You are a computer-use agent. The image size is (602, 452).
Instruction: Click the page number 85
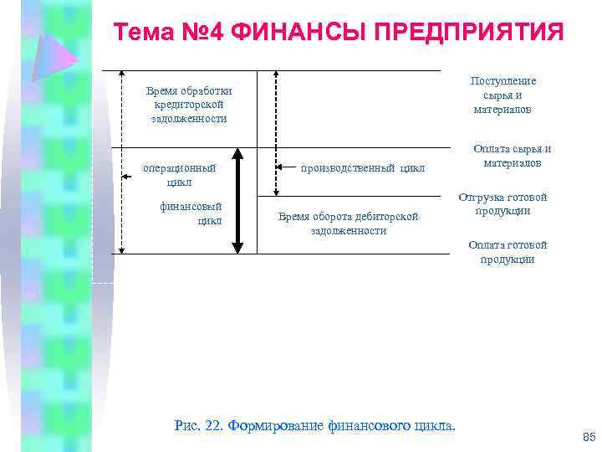tap(587, 437)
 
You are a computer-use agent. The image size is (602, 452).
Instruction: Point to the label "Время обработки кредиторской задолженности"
tap(189, 105)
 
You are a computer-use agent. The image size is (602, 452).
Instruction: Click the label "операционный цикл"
tap(179, 175)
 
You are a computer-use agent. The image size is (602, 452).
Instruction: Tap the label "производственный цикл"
tap(363, 167)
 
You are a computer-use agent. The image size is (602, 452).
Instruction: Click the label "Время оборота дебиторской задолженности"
tap(348, 223)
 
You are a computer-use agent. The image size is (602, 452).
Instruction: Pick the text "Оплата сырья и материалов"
tap(512, 156)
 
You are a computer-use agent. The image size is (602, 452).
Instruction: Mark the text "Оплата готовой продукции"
tap(507, 252)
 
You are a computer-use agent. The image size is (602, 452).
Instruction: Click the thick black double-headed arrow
tap(237, 201)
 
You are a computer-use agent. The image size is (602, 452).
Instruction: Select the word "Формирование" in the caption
tap(275, 426)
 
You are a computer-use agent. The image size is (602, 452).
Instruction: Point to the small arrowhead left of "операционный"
tap(125, 175)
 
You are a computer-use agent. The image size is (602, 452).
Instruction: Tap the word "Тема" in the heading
tap(141, 33)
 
